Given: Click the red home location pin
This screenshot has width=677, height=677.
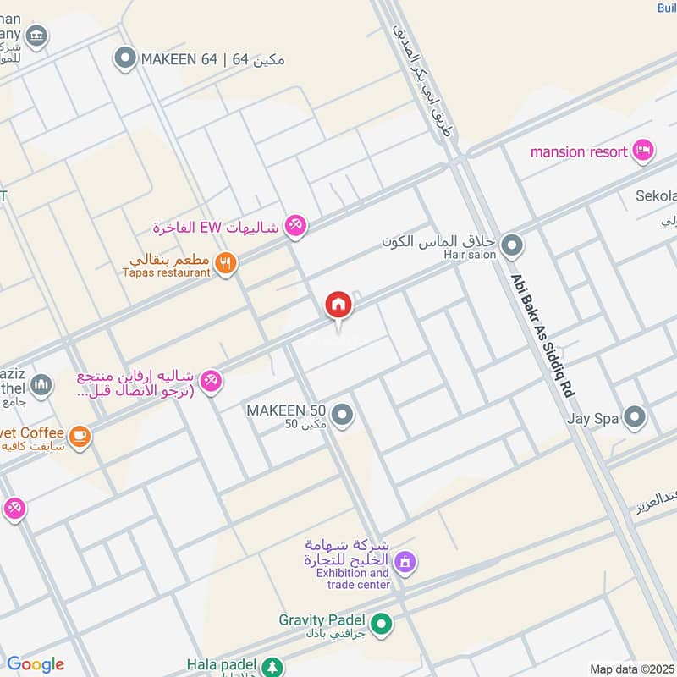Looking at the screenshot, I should [x=338, y=305].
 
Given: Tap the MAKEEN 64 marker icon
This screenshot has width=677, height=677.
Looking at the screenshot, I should [x=125, y=59].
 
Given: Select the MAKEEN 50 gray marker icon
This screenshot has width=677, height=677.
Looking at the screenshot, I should [x=342, y=415].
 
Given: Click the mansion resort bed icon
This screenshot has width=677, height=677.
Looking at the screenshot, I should [x=643, y=151].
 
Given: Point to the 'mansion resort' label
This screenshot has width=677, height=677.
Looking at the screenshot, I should [x=579, y=152].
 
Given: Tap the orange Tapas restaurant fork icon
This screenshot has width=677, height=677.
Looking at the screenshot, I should [x=225, y=263].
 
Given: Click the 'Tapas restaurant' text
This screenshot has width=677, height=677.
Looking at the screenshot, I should [x=166, y=272].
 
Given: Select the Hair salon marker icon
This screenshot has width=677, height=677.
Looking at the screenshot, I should [x=511, y=247].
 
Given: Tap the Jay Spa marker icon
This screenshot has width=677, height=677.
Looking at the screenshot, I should [x=634, y=416].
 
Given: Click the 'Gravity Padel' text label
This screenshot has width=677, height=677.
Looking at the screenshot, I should [x=324, y=619].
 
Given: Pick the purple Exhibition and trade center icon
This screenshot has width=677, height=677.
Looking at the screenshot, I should [x=405, y=561].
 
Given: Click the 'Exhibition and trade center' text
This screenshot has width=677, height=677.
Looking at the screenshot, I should [x=353, y=579].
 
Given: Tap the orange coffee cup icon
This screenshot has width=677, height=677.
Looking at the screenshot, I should [x=80, y=437].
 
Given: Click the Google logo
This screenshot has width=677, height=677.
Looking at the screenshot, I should [x=35, y=664].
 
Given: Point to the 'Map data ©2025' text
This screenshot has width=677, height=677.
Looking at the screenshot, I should [x=631, y=669].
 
